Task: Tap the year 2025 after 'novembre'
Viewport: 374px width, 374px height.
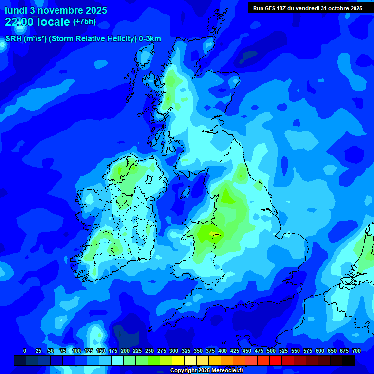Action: tap(94, 10)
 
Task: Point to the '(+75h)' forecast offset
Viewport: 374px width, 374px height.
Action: tap(84, 22)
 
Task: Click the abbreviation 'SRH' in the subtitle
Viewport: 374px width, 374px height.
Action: tap(14, 39)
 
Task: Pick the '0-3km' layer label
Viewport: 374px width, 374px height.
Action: tap(150, 39)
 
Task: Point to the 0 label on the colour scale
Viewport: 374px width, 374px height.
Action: tap(25, 351)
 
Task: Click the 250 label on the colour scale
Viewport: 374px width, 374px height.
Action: tap(150, 351)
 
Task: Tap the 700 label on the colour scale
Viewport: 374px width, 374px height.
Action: tap(356, 351)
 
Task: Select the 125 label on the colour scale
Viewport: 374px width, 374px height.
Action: tap(89, 351)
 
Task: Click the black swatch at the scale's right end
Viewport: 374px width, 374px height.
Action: tap(349, 361)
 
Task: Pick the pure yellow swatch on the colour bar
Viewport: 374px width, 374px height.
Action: tap(178, 361)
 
